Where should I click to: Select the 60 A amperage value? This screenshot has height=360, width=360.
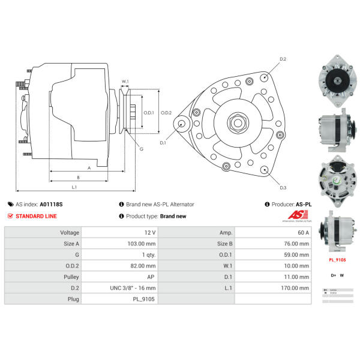302,233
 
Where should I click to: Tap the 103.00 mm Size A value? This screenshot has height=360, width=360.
142,244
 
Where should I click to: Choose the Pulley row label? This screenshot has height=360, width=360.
71,277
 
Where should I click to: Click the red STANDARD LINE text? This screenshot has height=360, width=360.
37,216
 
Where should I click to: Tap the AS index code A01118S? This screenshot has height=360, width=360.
50,204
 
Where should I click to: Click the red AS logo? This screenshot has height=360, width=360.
296,215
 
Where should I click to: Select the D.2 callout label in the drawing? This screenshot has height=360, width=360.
283,59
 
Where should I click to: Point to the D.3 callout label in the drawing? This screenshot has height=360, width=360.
283,188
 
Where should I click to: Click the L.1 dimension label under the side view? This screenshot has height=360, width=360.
74,188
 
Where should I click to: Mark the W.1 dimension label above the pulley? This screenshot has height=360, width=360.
125,82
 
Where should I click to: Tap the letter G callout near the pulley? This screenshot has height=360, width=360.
141,149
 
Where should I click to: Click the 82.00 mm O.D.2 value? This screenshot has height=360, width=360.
143,266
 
